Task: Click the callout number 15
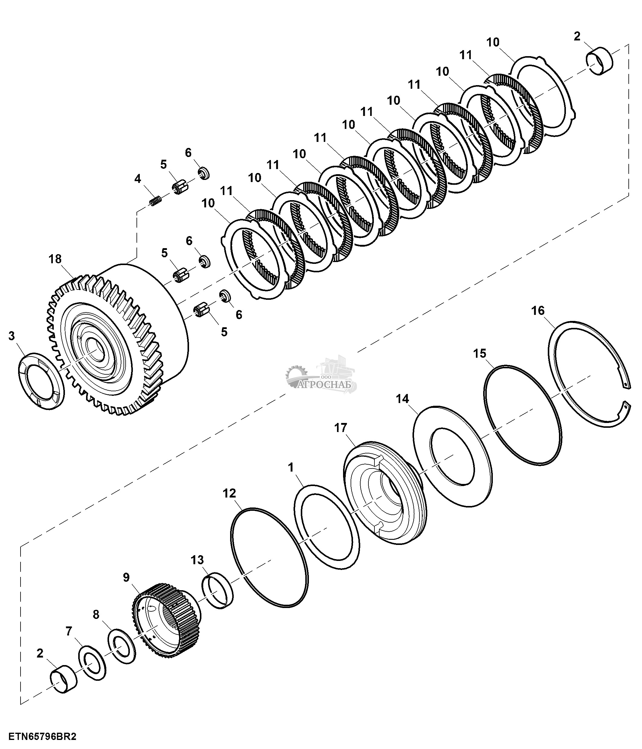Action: click(x=480, y=353)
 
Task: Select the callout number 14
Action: click(x=402, y=399)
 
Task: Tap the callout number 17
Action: click(x=341, y=428)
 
